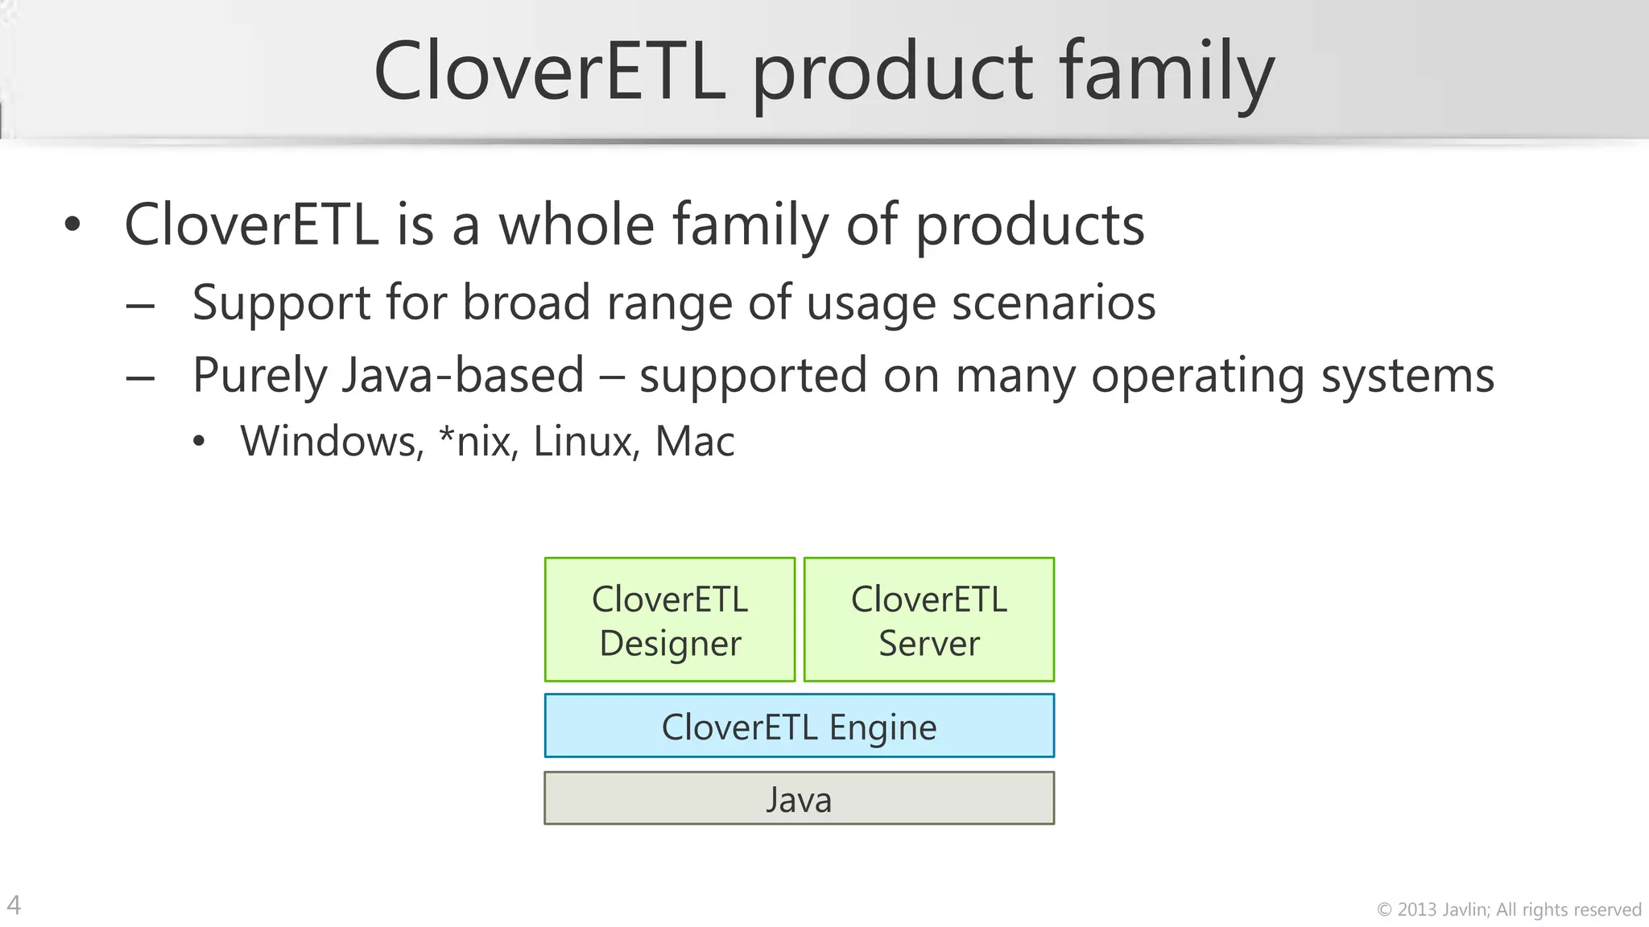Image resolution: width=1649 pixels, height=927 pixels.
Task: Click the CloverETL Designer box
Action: (x=669, y=620)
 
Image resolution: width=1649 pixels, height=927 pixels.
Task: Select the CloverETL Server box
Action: (x=928, y=620)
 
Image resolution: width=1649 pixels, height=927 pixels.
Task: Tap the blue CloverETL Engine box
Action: (x=799, y=726)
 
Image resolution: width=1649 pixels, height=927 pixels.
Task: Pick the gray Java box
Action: (x=799, y=798)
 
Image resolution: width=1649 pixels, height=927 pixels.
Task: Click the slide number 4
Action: (x=14, y=905)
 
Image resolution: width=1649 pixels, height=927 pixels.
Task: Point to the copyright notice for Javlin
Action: (x=1509, y=910)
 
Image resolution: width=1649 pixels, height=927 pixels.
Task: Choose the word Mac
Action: (x=695, y=442)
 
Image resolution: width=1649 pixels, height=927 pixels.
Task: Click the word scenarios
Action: (x=1053, y=303)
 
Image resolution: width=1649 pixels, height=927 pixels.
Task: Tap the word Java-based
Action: (x=463, y=377)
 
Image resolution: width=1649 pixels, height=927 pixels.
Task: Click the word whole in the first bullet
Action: (x=577, y=225)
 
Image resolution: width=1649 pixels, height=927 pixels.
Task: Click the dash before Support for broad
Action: (x=140, y=307)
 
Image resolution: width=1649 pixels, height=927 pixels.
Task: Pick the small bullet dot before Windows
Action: (x=199, y=442)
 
